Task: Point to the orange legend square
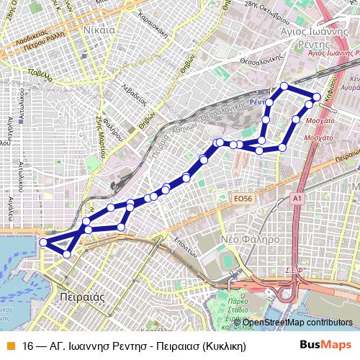pos(9,346)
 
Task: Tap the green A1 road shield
pos(297,197)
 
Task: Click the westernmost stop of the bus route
pos(43,243)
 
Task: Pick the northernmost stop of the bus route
pos(284,86)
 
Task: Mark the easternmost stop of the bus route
pos(316,98)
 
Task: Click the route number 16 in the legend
pos(28,346)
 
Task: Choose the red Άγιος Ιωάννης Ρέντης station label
pos(333,53)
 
